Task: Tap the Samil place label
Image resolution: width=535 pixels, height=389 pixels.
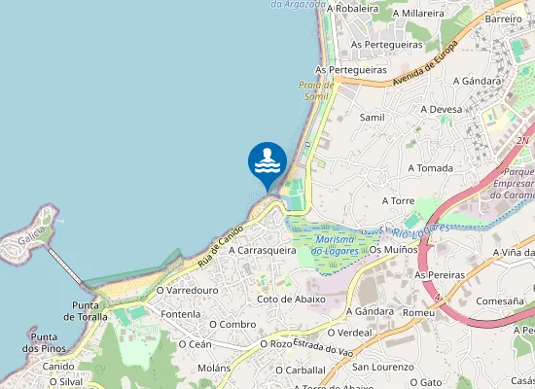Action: (x=373, y=117)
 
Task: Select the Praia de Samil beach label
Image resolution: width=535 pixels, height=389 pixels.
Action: (x=317, y=90)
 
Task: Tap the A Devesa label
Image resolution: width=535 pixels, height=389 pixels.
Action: (x=441, y=110)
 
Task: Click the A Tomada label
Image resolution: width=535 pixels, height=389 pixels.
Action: (x=431, y=168)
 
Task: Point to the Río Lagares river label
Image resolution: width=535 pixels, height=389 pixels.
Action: (x=415, y=230)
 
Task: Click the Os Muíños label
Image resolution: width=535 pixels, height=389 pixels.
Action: (x=393, y=250)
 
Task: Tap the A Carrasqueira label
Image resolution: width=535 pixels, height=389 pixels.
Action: (x=263, y=250)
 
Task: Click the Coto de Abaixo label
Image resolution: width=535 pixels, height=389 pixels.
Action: (x=291, y=300)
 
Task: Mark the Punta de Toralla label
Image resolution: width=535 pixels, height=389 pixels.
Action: (x=86, y=311)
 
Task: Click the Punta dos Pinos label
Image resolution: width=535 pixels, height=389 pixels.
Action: (x=43, y=342)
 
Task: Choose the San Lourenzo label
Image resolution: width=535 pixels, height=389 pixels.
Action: (x=384, y=367)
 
